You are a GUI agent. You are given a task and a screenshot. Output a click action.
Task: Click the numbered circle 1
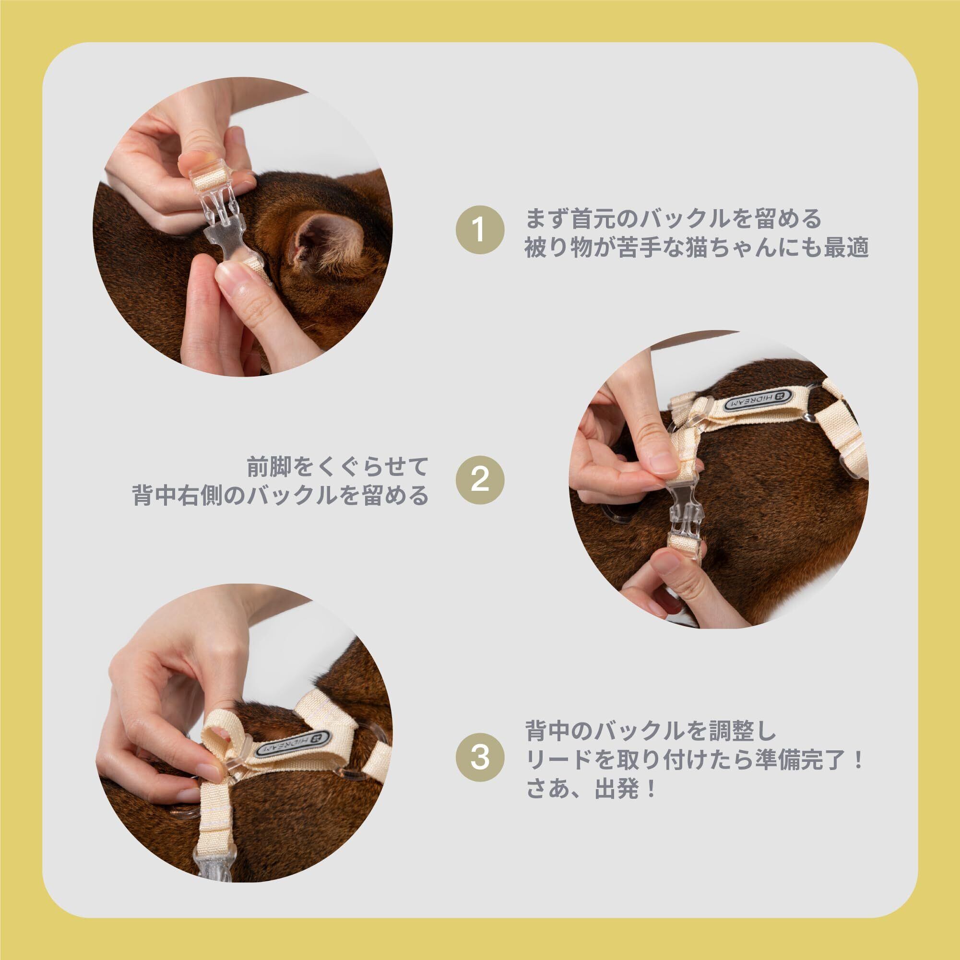pyautogui.click(x=480, y=231)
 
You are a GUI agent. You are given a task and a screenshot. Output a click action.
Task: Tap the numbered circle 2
pyautogui.click(x=480, y=481)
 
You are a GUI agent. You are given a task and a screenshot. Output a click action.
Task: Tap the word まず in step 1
pyautogui.click(x=549, y=218)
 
